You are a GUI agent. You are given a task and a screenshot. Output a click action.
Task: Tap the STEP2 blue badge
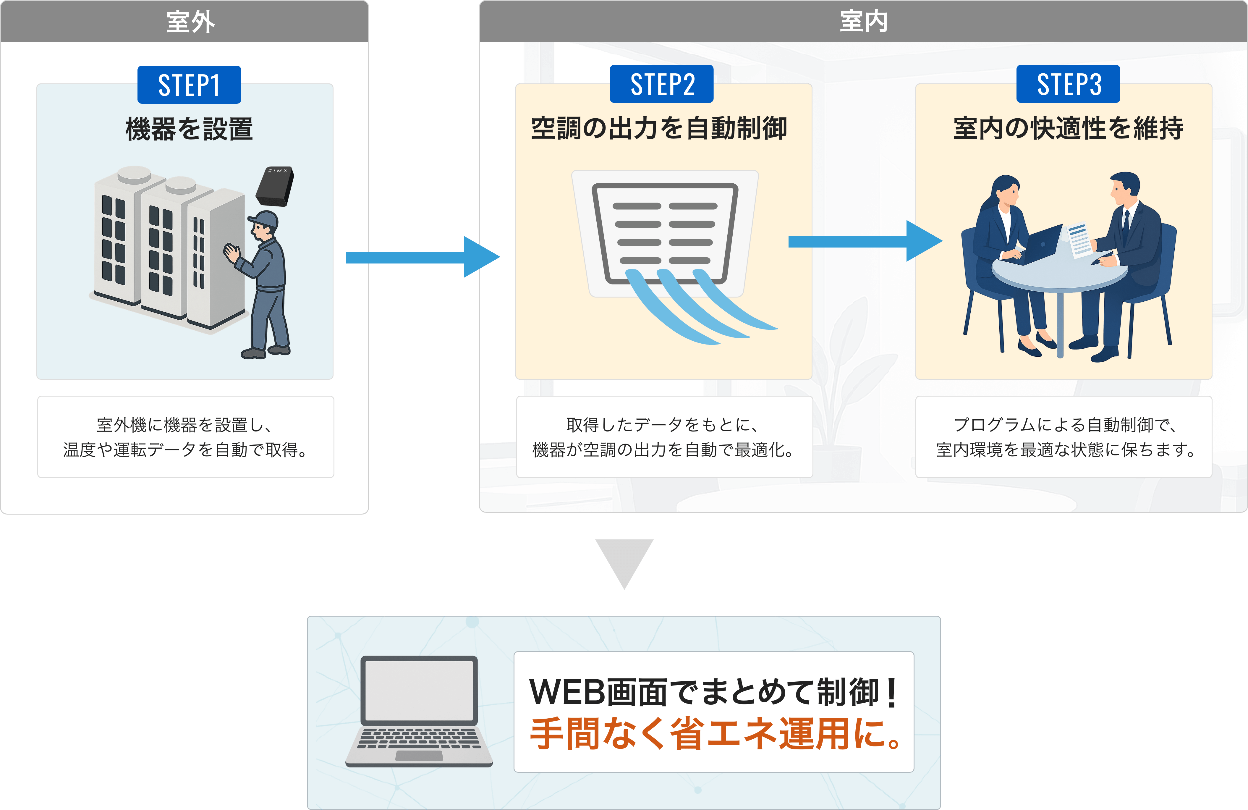coord(662,85)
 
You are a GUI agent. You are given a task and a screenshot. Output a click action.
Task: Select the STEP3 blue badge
coord(1068,85)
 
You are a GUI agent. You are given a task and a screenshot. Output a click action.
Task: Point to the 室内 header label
coord(863,22)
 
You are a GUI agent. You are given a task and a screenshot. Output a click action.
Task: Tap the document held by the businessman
coord(1079,240)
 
